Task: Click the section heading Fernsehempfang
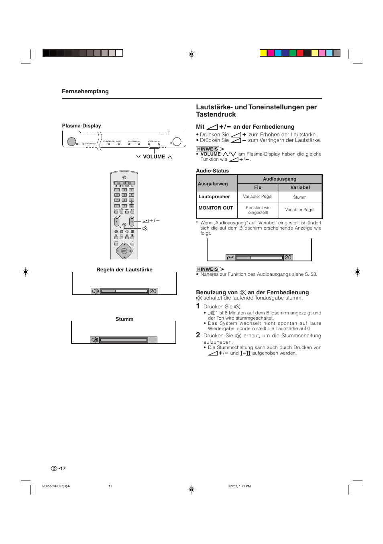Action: pyautogui.click(x=85, y=91)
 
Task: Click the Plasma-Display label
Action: pyautogui.click(x=81, y=126)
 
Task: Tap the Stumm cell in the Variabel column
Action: pyautogui.click(x=300, y=197)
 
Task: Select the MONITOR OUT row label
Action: pyautogui.click(x=216, y=208)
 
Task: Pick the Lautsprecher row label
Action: pyautogui.click(x=214, y=197)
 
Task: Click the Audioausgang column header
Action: pyautogui.click(x=279, y=179)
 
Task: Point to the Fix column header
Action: pyautogui.click(x=258, y=187)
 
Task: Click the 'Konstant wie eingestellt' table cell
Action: pyautogui.click(x=258, y=210)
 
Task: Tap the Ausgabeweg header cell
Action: pyautogui.click(x=213, y=184)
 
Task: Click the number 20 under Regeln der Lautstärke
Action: pyautogui.click(x=153, y=291)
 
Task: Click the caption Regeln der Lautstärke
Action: pyautogui.click(x=124, y=270)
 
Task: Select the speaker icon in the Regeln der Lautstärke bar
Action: pyautogui.click(x=96, y=291)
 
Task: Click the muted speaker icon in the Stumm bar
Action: pyautogui.click(x=95, y=340)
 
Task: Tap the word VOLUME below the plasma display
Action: pyautogui.click(x=154, y=157)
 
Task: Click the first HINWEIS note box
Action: pyautogui.click(x=208, y=149)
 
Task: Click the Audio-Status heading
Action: pyautogui.click(x=212, y=171)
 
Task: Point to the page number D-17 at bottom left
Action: pyautogui.click(x=58, y=468)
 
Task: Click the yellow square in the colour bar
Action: pyautogui.click(x=263, y=53)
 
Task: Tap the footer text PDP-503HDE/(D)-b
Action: pyautogui.click(x=56, y=486)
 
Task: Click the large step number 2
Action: pyautogui.click(x=198, y=335)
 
